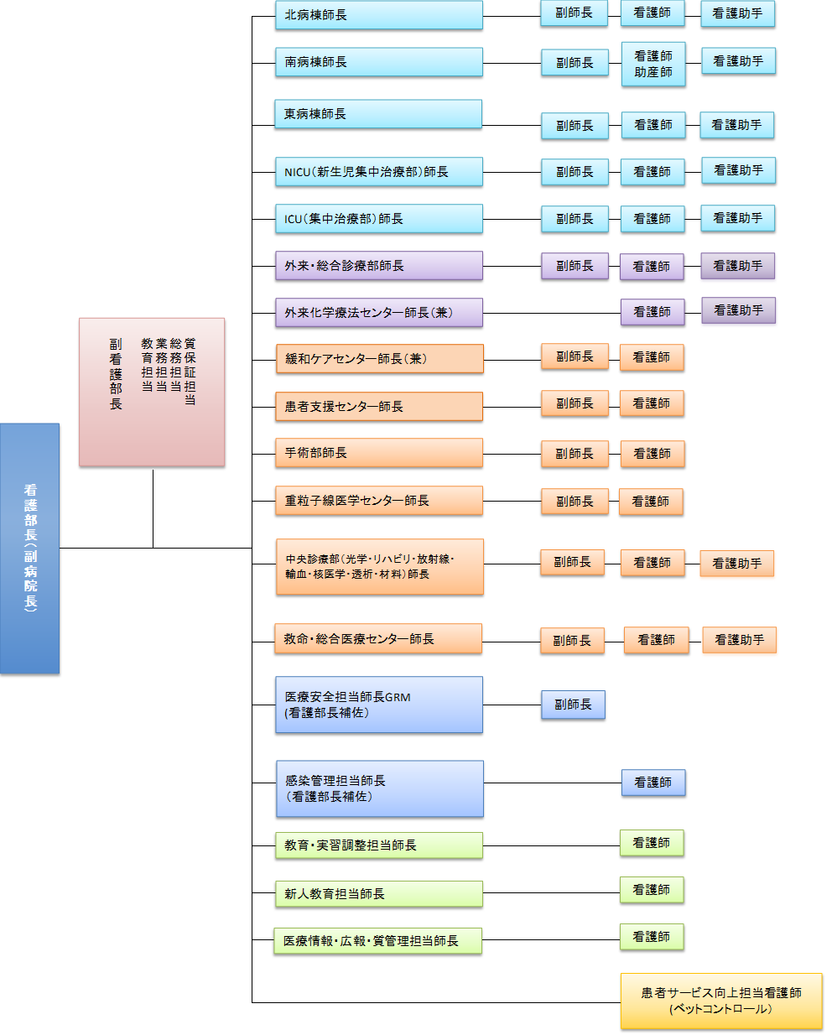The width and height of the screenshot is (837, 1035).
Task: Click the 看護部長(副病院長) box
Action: [29, 548]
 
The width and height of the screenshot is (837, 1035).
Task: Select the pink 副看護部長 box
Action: [152, 391]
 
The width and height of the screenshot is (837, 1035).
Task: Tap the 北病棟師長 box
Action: [379, 15]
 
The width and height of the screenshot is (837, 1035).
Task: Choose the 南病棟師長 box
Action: [379, 62]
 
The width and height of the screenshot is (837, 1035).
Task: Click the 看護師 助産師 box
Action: [653, 64]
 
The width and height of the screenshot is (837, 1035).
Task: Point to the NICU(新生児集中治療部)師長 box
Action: [379, 172]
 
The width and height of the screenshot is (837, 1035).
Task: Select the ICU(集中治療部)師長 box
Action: [379, 219]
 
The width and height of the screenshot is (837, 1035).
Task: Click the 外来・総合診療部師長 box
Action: [379, 266]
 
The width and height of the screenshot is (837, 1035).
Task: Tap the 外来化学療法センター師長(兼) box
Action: [379, 313]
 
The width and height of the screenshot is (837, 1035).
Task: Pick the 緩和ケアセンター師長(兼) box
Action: [379, 359]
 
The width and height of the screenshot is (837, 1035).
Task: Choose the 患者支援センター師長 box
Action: [379, 407]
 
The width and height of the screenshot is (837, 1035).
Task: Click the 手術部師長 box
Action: [379, 453]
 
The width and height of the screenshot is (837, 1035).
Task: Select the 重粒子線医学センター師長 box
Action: [379, 501]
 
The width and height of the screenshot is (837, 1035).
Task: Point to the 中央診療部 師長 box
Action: [379, 566]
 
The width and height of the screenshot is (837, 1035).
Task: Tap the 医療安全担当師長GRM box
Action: [379, 705]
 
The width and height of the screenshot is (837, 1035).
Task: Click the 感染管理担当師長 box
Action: [380, 788]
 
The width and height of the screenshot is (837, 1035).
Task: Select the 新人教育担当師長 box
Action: [379, 894]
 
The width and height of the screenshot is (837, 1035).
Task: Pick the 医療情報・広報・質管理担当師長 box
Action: [378, 941]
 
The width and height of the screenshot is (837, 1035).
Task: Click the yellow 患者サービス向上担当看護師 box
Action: [721, 1001]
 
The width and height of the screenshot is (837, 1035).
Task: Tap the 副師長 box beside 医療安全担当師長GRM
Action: [573, 705]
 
